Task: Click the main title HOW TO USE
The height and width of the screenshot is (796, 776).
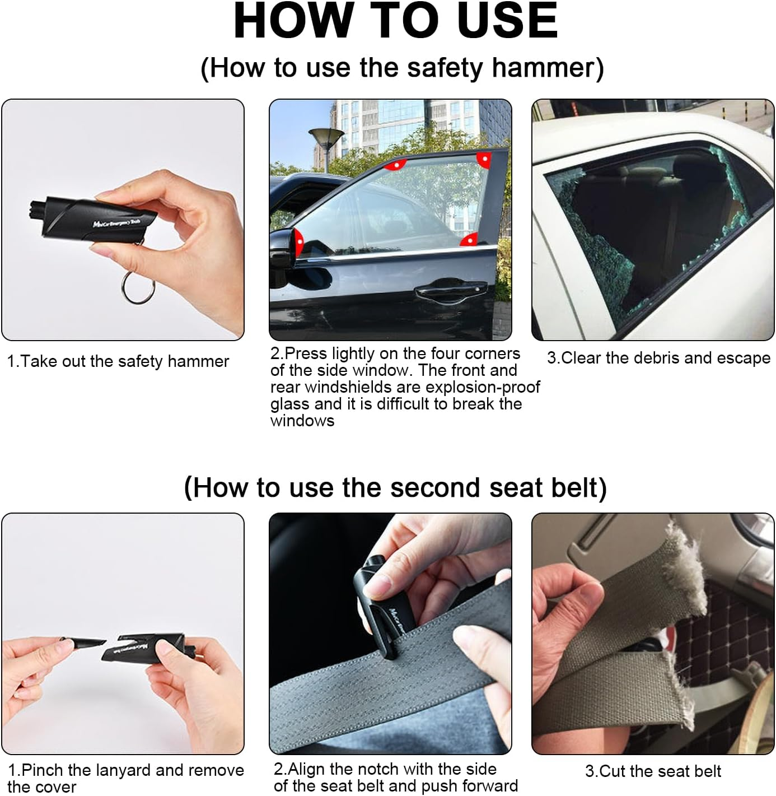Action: click(x=395, y=21)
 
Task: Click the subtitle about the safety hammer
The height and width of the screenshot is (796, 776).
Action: click(x=402, y=68)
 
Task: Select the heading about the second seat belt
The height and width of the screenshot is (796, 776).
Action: click(x=395, y=487)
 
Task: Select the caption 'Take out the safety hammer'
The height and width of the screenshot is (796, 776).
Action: click(x=118, y=361)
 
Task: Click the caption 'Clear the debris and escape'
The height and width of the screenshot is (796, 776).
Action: click(x=658, y=358)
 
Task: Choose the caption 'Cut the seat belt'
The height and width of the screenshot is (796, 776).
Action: click(x=653, y=771)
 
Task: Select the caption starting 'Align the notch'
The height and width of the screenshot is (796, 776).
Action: click(x=395, y=778)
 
